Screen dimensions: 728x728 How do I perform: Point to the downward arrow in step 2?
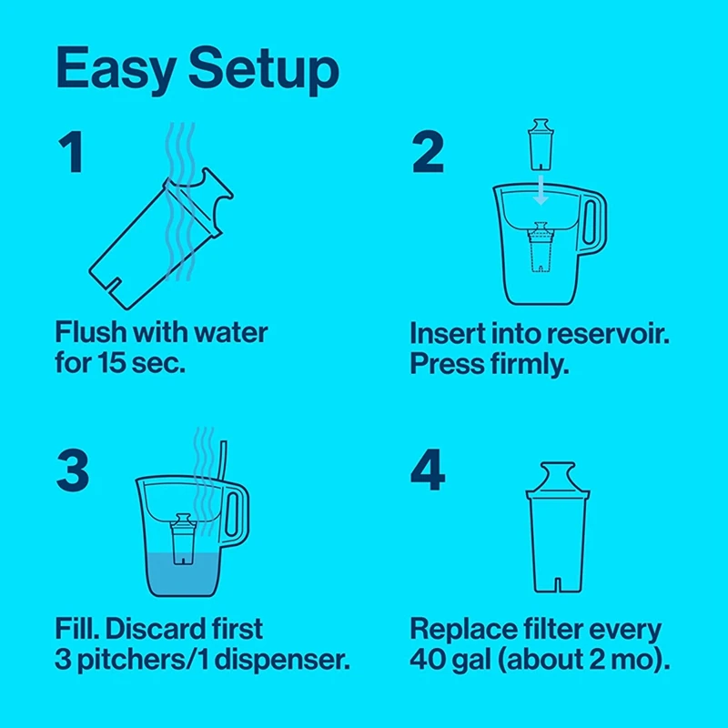[x=540, y=189]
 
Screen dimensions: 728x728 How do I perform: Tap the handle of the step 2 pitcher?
[x=593, y=224]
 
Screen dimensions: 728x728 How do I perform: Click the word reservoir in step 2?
[x=604, y=333]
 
